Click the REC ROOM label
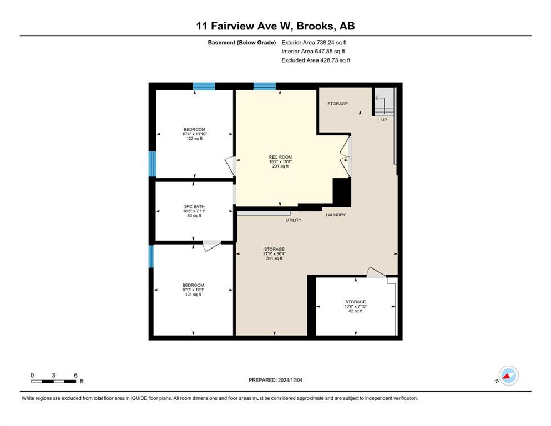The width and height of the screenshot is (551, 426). point(280,157)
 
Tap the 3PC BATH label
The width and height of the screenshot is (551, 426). point(194,206)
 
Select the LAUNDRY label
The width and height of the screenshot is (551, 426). point(336,215)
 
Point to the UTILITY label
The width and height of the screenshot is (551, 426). point(294,220)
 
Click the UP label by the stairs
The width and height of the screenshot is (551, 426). point(384,120)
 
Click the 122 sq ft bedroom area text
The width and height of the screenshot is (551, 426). point(194,139)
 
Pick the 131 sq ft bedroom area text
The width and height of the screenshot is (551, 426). point(193,295)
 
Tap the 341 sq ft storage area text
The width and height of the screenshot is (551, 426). point(275,258)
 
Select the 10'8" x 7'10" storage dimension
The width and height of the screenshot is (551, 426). point(356,307)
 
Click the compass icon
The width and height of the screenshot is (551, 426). point(508,376)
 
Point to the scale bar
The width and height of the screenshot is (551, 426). point(53,382)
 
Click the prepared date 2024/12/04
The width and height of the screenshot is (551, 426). point(290,380)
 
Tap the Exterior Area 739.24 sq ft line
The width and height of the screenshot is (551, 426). point(314,43)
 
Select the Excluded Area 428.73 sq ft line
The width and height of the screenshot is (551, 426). point(316,60)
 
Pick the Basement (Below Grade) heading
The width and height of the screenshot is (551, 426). point(242,43)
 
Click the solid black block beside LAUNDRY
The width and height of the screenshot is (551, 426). point(342,192)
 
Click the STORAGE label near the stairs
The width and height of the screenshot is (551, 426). point(338,104)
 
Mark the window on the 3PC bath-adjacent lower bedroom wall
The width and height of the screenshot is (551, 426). point(151,256)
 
